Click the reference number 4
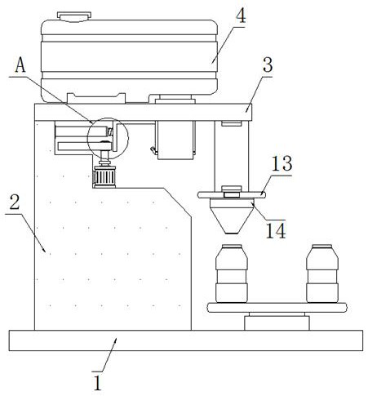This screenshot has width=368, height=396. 241,16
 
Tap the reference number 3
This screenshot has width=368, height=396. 268,65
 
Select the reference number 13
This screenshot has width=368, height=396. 282,163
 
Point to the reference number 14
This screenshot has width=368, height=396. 276,231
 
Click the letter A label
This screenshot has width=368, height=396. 20,65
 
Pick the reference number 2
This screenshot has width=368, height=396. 15,202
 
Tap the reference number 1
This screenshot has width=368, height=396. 97,383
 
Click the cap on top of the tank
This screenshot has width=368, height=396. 74,16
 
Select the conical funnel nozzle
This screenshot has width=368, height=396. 232,216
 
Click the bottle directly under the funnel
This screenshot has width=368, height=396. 232,274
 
